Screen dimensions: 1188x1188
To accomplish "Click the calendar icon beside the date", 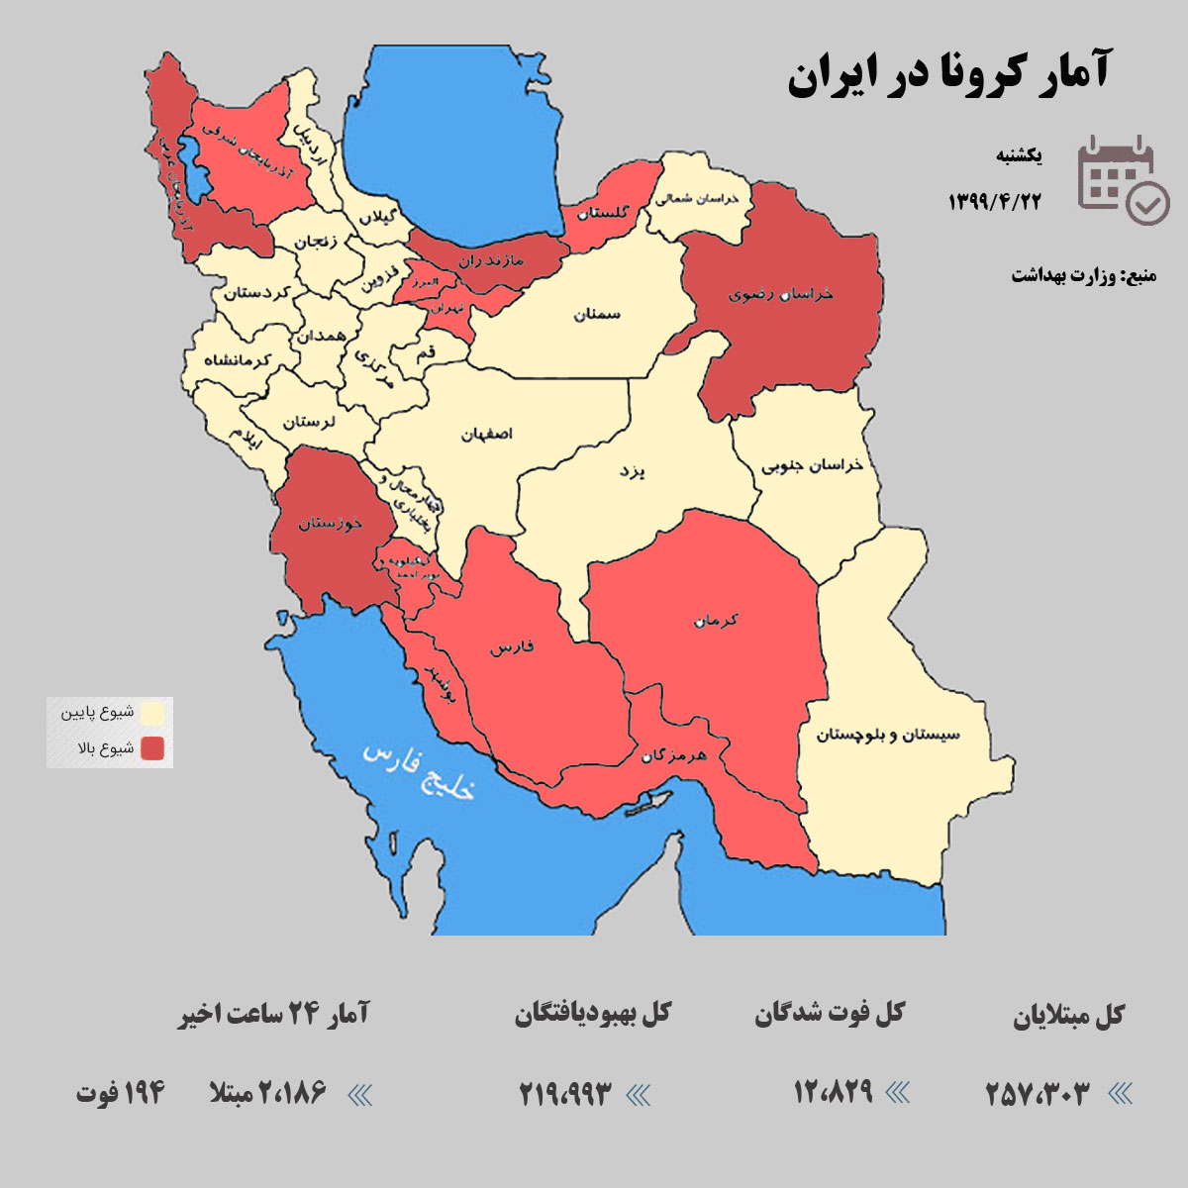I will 1122,179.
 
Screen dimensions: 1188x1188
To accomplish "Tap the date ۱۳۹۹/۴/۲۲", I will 995,201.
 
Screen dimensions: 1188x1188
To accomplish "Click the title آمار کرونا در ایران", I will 948,75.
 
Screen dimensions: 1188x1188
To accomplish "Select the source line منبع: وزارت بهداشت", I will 1083,274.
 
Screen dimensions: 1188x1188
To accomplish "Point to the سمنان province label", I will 596,314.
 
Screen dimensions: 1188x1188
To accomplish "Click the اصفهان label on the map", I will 487,434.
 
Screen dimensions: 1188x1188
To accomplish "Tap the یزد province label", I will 632,471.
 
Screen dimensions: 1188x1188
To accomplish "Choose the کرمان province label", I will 717,621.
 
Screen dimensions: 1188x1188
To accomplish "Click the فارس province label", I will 512,647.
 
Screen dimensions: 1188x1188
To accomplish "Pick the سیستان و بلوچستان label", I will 888,735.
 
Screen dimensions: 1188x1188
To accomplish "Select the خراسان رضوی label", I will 781,293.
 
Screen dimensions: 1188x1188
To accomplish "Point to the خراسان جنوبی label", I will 812,465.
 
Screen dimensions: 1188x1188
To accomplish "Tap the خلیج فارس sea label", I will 419,770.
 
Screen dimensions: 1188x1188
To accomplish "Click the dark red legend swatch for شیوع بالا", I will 152,748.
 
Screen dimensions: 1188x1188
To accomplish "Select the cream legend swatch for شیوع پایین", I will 152,713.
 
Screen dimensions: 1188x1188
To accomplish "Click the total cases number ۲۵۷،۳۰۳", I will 1037,1094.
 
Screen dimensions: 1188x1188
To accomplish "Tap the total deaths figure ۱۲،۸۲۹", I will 833,1092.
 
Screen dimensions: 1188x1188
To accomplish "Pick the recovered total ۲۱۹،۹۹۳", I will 565,1094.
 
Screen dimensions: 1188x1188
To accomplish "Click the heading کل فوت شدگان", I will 830,1014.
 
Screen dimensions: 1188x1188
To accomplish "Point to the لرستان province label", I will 309,422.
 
